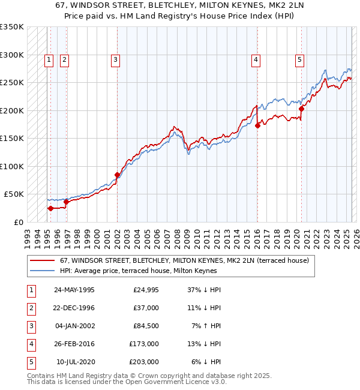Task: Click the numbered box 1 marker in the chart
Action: click(48, 59)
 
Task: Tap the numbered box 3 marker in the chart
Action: click(115, 59)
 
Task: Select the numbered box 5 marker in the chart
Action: click(299, 59)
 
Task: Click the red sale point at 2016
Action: click(257, 125)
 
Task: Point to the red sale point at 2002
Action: click(117, 175)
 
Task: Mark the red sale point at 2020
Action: click(302, 109)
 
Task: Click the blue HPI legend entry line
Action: click(43, 271)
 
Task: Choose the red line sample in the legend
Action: click(43, 260)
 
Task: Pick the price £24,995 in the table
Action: click(145, 290)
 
